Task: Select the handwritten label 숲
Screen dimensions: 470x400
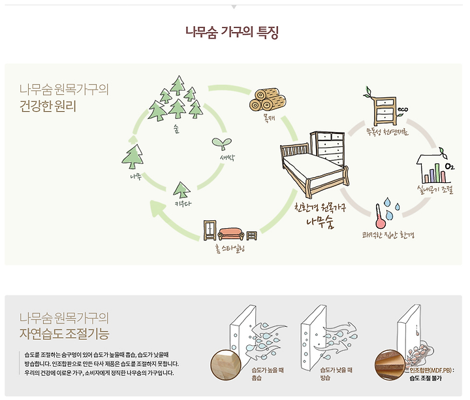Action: [x=176, y=128]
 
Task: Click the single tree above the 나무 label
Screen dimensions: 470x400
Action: [x=134, y=157]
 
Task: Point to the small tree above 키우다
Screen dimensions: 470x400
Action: [x=181, y=190]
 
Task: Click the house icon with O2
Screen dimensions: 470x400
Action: [x=434, y=169]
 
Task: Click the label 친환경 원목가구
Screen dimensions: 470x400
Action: [x=321, y=208]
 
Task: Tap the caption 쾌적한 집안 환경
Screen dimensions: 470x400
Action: [x=389, y=234]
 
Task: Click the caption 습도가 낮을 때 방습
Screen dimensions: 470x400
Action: [x=336, y=374]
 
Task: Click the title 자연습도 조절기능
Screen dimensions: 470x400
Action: [x=65, y=336]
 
